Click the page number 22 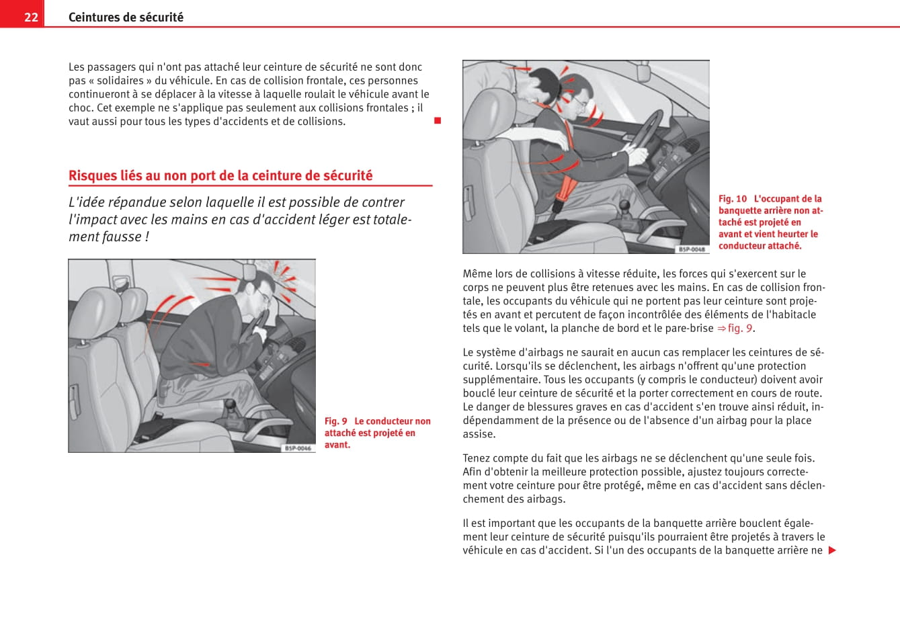(x=31, y=17)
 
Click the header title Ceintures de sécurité (x=126, y=17)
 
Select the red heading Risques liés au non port (x=220, y=175)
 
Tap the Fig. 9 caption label (x=335, y=421)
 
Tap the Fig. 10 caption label (x=732, y=199)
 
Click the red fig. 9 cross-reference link (x=735, y=328)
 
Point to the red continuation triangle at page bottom (x=832, y=550)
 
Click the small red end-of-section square (x=437, y=121)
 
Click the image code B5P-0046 (x=298, y=448)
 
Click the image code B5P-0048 (x=692, y=249)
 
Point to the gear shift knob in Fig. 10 (x=624, y=205)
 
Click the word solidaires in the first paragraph (x=120, y=81)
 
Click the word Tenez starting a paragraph (x=477, y=458)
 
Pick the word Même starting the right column (x=477, y=273)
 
